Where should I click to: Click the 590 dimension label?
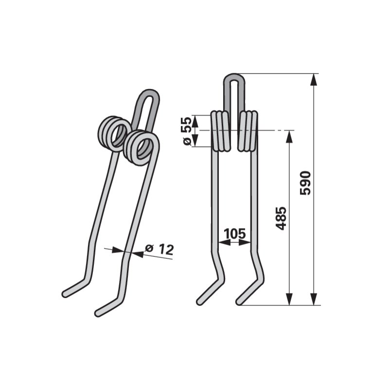click(x=305, y=183)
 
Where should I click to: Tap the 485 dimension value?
click(x=281, y=218)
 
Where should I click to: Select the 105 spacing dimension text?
click(x=234, y=233)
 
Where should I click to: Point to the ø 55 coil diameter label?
click(x=187, y=131)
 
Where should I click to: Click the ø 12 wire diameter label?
click(x=159, y=249)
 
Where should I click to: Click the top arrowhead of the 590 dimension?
click(x=314, y=79)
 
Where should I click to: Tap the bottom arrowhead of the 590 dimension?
click(x=314, y=299)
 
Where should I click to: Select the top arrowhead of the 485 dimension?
click(x=289, y=137)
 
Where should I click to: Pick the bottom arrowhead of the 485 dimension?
click(x=289, y=299)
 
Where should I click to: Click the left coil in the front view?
click(x=220, y=131)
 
